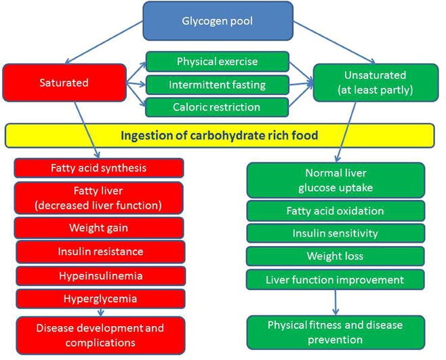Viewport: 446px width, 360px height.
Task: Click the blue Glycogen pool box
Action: (x=218, y=21)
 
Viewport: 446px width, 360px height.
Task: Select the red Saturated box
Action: (x=64, y=83)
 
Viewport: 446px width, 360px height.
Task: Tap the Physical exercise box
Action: (x=218, y=62)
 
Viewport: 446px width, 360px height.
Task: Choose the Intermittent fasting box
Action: (x=218, y=85)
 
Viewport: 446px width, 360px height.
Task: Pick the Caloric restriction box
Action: (x=217, y=107)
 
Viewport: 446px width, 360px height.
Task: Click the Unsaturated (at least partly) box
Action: (x=376, y=83)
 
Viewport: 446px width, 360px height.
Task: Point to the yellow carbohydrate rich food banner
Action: (x=220, y=136)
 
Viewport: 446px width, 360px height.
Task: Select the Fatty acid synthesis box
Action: (x=99, y=168)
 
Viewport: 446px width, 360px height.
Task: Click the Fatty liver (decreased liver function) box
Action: (x=98, y=198)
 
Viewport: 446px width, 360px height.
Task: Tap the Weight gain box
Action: (x=99, y=228)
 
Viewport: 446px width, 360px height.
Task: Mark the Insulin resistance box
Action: (x=100, y=252)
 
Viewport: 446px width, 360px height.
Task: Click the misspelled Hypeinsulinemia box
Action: (x=101, y=276)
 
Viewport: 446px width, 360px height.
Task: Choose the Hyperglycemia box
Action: (x=100, y=299)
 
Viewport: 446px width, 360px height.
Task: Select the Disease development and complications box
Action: (x=100, y=336)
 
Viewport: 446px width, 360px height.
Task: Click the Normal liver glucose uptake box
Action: (x=336, y=180)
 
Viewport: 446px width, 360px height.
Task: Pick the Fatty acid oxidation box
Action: (x=336, y=211)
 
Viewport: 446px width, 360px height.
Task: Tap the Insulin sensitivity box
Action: (x=336, y=233)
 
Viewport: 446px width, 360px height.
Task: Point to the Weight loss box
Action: (x=336, y=256)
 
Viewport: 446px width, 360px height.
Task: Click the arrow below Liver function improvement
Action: (x=336, y=302)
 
